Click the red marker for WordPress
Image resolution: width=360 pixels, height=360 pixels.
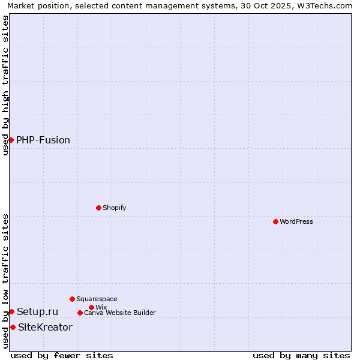coord(275,221)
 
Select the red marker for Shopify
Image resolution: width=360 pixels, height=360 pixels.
coord(98,208)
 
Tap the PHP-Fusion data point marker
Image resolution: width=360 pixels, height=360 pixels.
coord(11,140)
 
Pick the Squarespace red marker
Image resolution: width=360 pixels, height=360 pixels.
coord(72,299)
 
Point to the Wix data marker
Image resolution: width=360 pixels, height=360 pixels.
coord(91,307)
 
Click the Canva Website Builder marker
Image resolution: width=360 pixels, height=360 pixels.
coord(80,313)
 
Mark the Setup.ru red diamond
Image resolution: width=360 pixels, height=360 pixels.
coord(11,311)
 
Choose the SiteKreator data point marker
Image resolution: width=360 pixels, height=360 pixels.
coord(13,327)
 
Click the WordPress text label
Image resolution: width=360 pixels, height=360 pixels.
coord(296,221)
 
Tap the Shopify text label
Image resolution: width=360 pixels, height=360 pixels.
coord(114,208)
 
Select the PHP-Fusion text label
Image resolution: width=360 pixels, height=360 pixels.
coord(43,140)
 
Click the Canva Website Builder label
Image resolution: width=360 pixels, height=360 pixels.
coord(120,313)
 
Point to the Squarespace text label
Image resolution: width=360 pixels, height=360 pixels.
coord(97,299)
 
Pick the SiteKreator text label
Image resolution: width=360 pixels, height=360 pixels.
coord(45,327)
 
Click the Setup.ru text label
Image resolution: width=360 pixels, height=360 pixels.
coord(37,311)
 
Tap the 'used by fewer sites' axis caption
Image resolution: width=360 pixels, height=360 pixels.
coord(62,355)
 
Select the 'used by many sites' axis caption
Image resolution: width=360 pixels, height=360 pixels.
coord(301,355)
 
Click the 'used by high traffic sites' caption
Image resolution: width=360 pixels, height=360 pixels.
coord(5,85)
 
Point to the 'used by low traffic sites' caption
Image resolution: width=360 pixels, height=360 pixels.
coord(5,281)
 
